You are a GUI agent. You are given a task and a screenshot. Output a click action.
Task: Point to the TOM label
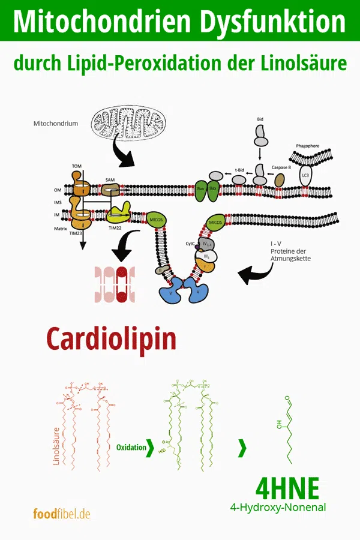click(77, 166)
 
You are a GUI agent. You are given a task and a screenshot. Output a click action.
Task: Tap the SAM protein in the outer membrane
click(110, 190)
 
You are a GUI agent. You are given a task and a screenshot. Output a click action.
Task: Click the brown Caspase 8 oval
click(280, 180)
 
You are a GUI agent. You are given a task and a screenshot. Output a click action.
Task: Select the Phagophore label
click(311, 146)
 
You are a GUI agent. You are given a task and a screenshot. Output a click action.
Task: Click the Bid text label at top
click(260, 119)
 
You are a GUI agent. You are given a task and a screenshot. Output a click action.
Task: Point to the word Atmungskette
click(290, 259)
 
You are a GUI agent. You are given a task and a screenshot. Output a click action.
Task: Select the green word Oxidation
click(131, 448)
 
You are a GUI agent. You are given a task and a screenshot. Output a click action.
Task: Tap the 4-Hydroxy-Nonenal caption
click(278, 508)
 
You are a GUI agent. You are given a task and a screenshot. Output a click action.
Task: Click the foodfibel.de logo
click(62, 514)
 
